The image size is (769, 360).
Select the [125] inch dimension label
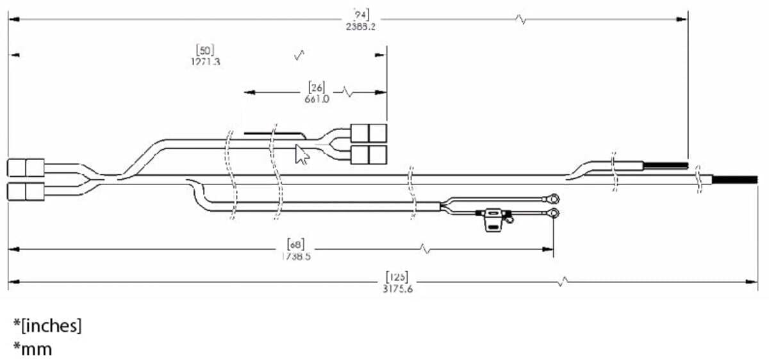coord(397,277)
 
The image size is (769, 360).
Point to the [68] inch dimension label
coord(296,244)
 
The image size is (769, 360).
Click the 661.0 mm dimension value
coord(317,99)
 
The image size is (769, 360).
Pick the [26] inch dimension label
coord(317,87)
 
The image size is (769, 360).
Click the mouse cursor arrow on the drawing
coord(300,154)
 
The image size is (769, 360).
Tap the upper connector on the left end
coord(26,168)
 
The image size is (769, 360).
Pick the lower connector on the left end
coord(26,191)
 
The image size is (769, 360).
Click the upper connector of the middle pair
coord(369,133)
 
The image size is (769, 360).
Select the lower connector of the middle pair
coord(369,154)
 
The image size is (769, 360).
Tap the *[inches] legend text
coord(47,326)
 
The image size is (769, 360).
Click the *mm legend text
coord(33,349)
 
